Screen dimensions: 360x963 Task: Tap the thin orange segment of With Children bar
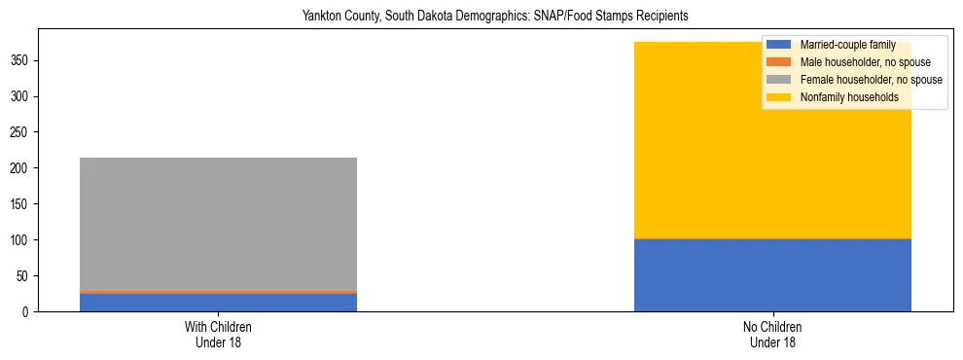tap(218, 292)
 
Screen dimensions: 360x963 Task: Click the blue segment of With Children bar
tap(218, 302)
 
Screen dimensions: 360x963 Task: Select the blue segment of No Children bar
tap(772, 275)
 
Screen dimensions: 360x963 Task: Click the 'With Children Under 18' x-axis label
tap(218, 335)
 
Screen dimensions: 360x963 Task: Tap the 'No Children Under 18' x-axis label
tap(772, 335)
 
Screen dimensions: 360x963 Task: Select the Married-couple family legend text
tap(847, 45)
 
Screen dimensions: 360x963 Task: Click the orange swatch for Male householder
tap(779, 62)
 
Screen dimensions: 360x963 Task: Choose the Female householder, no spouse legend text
tap(871, 80)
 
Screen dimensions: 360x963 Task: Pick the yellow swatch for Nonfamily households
tap(779, 97)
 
